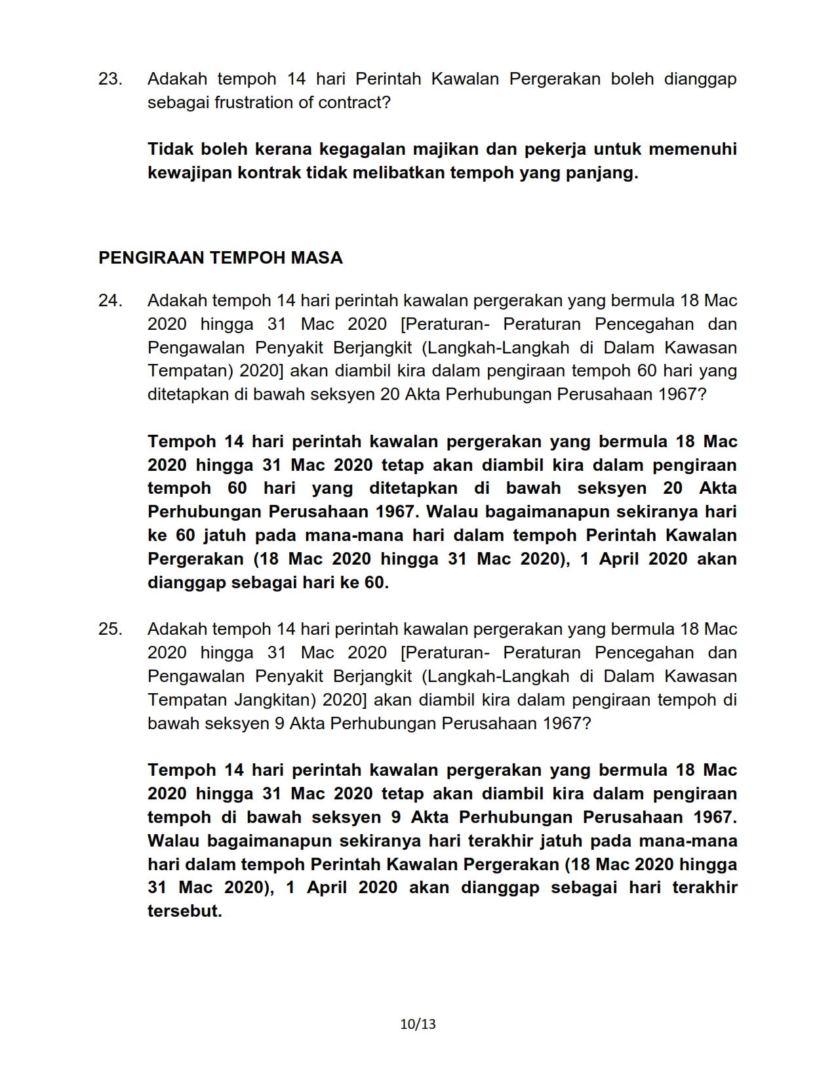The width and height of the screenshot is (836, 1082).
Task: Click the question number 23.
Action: (x=109, y=79)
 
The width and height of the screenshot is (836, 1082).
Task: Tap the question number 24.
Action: (x=109, y=301)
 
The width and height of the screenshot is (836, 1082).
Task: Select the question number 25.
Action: (x=109, y=630)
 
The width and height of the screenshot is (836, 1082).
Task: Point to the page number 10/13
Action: (x=418, y=1024)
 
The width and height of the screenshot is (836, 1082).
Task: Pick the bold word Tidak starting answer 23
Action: (x=170, y=150)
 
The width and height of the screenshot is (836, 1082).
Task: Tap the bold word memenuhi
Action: (x=692, y=150)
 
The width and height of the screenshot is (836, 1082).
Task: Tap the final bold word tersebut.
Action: (x=184, y=912)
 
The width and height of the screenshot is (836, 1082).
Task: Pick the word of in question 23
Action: (x=304, y=103)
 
